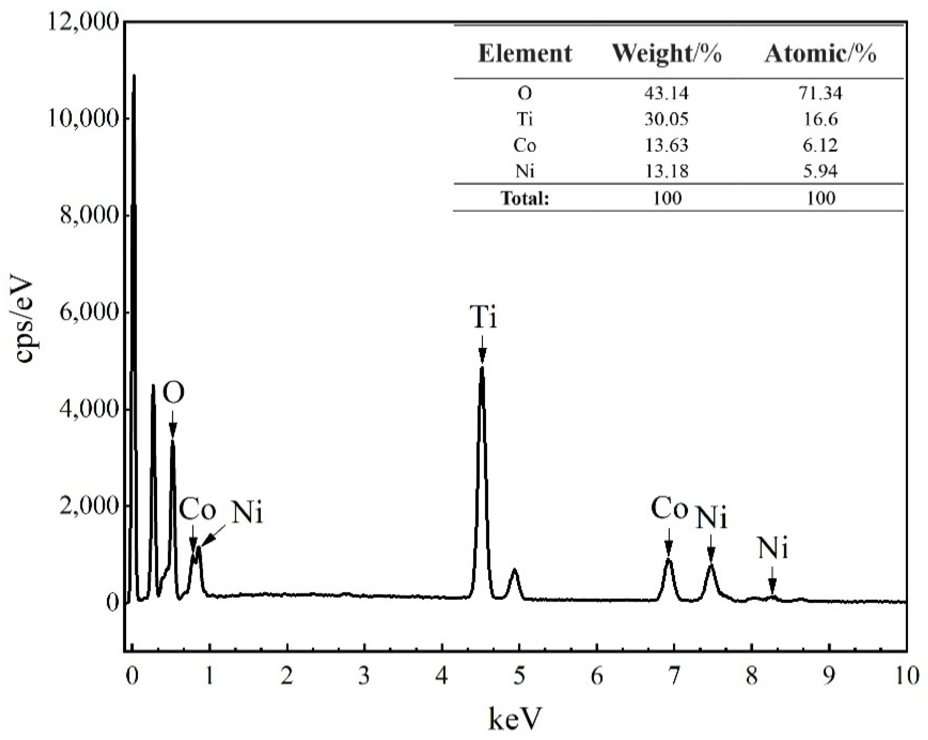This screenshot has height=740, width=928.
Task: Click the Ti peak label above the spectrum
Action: point(483,318)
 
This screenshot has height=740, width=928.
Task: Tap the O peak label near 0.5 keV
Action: point(174,393)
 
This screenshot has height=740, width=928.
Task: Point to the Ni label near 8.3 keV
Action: point(773,549)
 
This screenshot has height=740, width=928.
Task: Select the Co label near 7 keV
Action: point(668,509)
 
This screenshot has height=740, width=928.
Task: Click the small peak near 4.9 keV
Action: point(514,571)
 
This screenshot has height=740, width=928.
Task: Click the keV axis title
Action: point(514,717)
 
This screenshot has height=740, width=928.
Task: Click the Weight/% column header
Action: point(666,54)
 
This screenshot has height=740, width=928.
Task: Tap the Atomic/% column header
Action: point(820,54)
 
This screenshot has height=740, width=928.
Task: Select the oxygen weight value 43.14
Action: point(666,93)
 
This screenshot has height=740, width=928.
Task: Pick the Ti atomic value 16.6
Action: point(820,119)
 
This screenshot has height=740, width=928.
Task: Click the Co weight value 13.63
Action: point(666,145)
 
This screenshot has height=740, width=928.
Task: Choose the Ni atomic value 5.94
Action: point(820,171)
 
